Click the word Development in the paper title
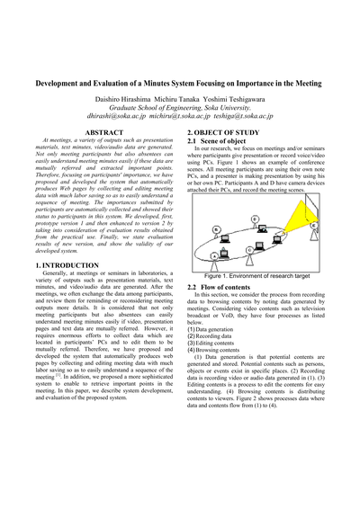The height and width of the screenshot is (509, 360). tap(63, 81)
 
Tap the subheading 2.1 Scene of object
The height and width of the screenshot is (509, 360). tap(220, 142)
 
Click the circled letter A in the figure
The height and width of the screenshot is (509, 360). tap(212, 257)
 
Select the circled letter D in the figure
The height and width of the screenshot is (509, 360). tap(256, 219)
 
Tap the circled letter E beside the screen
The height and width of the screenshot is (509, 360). tap(314, 226)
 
